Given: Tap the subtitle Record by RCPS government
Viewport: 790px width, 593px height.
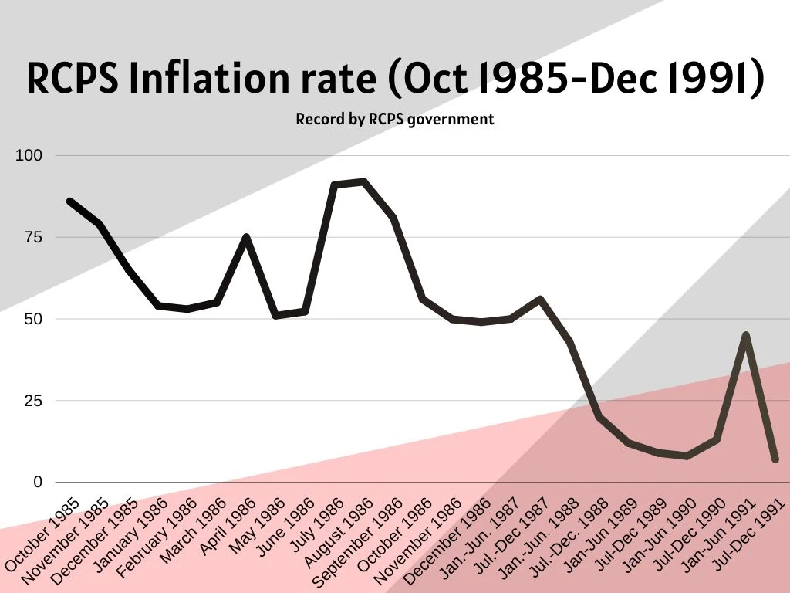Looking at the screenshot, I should [394, 120].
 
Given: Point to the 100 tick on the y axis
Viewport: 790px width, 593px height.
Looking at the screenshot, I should [28, 156].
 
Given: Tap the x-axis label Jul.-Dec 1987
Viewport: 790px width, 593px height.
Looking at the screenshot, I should [513, 533].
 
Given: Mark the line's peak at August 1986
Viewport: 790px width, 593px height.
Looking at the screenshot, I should [363, 181].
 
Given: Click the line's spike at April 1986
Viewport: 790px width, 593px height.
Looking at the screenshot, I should [246, 237].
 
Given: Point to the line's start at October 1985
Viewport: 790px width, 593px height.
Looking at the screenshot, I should [69, 201].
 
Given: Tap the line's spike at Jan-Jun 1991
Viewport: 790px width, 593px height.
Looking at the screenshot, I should [745, 335].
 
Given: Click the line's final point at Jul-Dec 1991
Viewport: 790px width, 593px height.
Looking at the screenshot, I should [775, 459].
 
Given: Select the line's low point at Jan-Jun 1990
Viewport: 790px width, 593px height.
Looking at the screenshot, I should [687, 456].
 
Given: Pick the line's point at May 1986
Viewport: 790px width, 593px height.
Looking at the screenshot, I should [275, 315].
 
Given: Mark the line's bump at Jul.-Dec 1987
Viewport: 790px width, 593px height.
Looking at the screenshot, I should [540, 299].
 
